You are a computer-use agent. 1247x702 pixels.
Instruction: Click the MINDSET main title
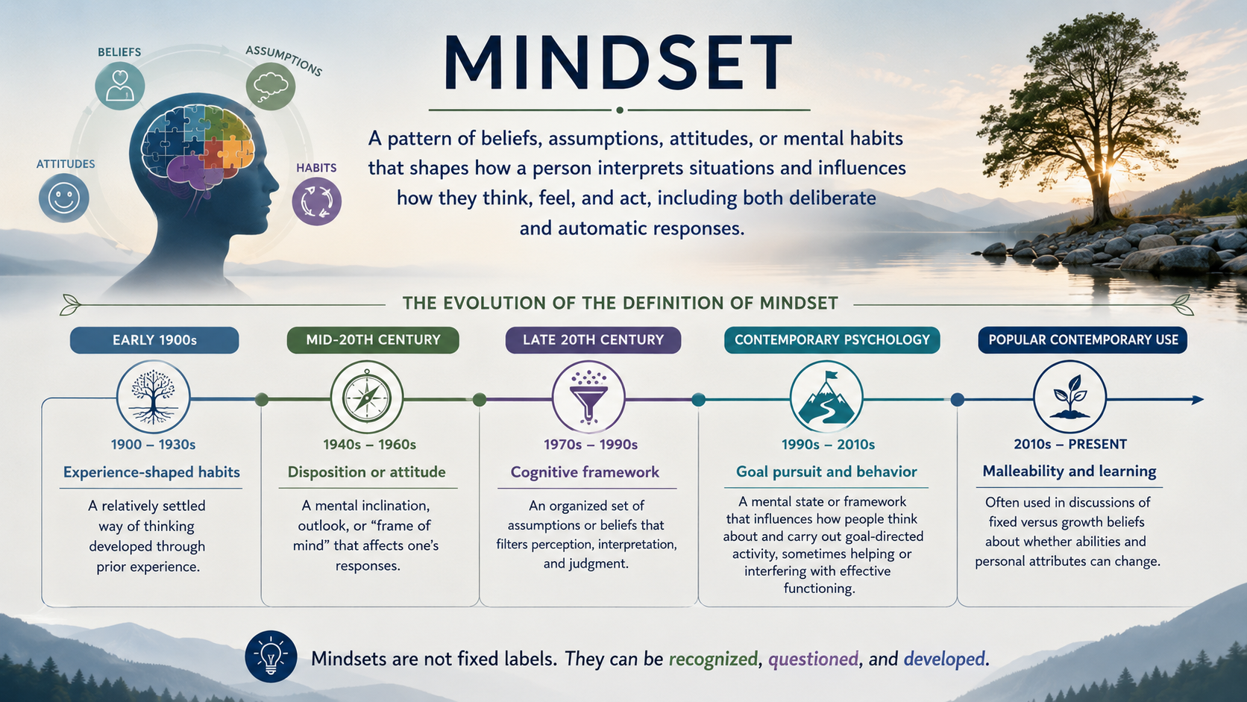(618, 63)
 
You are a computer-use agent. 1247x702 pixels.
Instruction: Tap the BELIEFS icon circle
(119, 85)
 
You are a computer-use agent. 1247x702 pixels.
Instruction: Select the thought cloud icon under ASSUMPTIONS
(271, 87)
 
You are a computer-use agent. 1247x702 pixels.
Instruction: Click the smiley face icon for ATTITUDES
(64, 198)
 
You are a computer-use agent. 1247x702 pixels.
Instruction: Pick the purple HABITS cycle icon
(317, 201)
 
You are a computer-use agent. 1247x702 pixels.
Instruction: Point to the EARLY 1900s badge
(154, 340)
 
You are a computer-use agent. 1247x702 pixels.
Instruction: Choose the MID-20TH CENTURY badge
(373, 340)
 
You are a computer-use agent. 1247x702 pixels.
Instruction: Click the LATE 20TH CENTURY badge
(593, 340)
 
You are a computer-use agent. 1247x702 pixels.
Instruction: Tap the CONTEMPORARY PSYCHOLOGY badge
(832, 340)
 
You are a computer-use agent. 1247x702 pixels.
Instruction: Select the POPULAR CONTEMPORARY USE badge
(1083, 340)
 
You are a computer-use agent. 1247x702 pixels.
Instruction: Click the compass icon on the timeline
(366, 398)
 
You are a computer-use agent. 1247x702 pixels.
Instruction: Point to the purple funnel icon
(588, 397)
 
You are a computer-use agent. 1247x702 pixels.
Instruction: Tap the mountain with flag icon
(826, 397)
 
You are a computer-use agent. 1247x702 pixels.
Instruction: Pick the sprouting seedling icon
(1069, 397)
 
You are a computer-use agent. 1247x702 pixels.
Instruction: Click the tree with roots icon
(153, 397)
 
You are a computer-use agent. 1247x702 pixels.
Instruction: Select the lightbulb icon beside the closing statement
(271, 657)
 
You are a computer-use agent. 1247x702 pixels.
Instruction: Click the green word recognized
(713, 659)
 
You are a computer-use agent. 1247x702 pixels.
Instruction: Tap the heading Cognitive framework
(585, 472)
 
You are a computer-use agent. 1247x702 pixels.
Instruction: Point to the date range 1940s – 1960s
(370, 444)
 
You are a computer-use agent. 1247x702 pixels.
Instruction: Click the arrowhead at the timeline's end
(1198, 400)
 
